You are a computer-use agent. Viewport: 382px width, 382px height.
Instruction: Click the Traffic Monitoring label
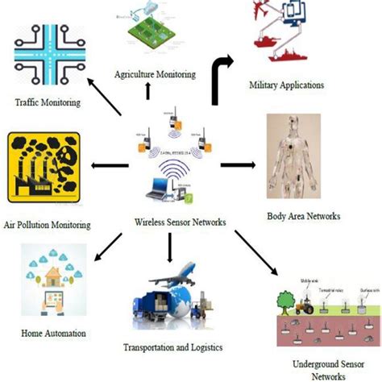(x=48, y=102)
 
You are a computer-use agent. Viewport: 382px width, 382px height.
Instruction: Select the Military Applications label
(x=287, y=84)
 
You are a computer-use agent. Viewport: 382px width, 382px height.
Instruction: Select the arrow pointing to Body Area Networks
(x=238, y=165)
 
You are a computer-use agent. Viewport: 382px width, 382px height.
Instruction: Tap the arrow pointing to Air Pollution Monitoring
(x=110, y=166)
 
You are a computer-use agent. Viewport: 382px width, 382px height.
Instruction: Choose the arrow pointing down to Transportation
(x=169, y=247)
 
